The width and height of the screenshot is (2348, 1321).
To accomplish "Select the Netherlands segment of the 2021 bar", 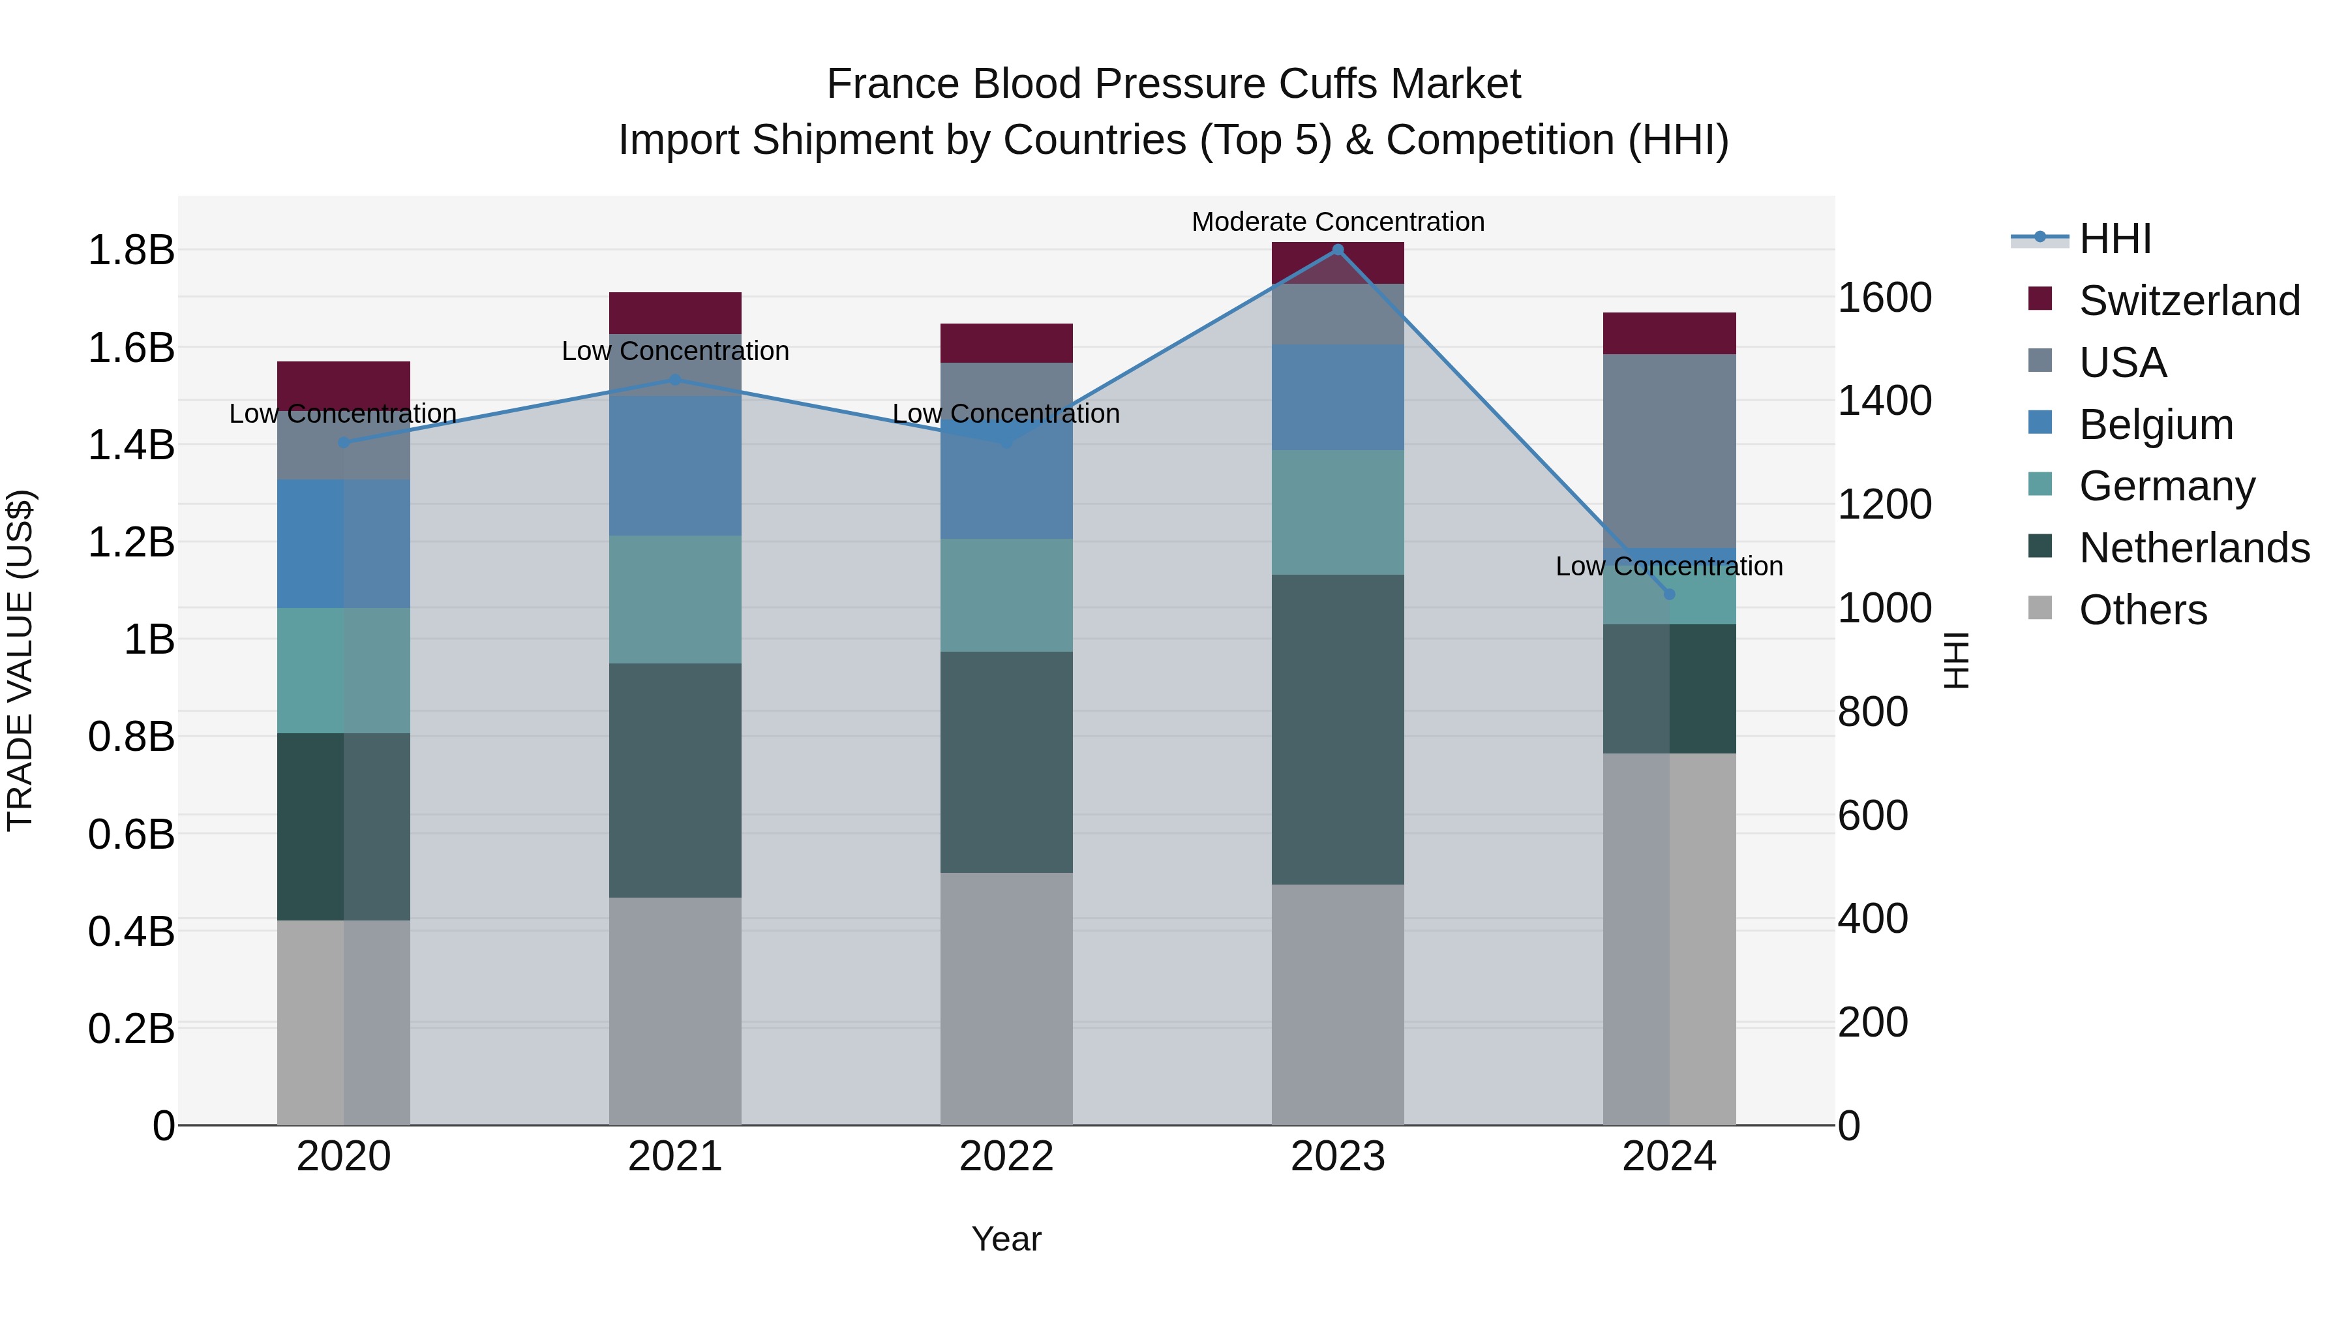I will (674, 780).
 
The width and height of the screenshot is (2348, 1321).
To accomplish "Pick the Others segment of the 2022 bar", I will (1006, 998).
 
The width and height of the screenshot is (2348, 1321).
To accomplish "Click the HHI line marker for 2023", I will (1337, 250).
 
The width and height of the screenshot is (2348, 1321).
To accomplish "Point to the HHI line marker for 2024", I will (1669, 594).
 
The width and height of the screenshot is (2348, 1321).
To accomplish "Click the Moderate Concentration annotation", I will (1337, 222).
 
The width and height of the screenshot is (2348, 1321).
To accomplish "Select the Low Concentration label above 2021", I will (674, 351).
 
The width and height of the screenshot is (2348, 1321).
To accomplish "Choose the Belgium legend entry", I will (2155, 425).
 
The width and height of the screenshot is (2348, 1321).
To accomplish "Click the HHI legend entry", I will (2114, 239).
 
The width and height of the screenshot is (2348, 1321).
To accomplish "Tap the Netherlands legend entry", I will (2193, 548).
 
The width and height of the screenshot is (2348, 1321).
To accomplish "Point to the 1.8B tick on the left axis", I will (130, 250).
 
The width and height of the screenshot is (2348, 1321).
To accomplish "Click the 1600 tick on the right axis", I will (1884, 297).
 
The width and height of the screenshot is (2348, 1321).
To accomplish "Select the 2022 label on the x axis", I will (1006, 1157).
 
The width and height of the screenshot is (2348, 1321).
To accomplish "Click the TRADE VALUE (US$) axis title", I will (21, 660).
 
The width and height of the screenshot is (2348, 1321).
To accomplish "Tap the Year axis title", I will (1006, 1239).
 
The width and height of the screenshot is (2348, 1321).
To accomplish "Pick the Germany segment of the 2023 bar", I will (1337, 511).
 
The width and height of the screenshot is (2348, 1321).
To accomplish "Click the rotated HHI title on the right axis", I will (1957, 660).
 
